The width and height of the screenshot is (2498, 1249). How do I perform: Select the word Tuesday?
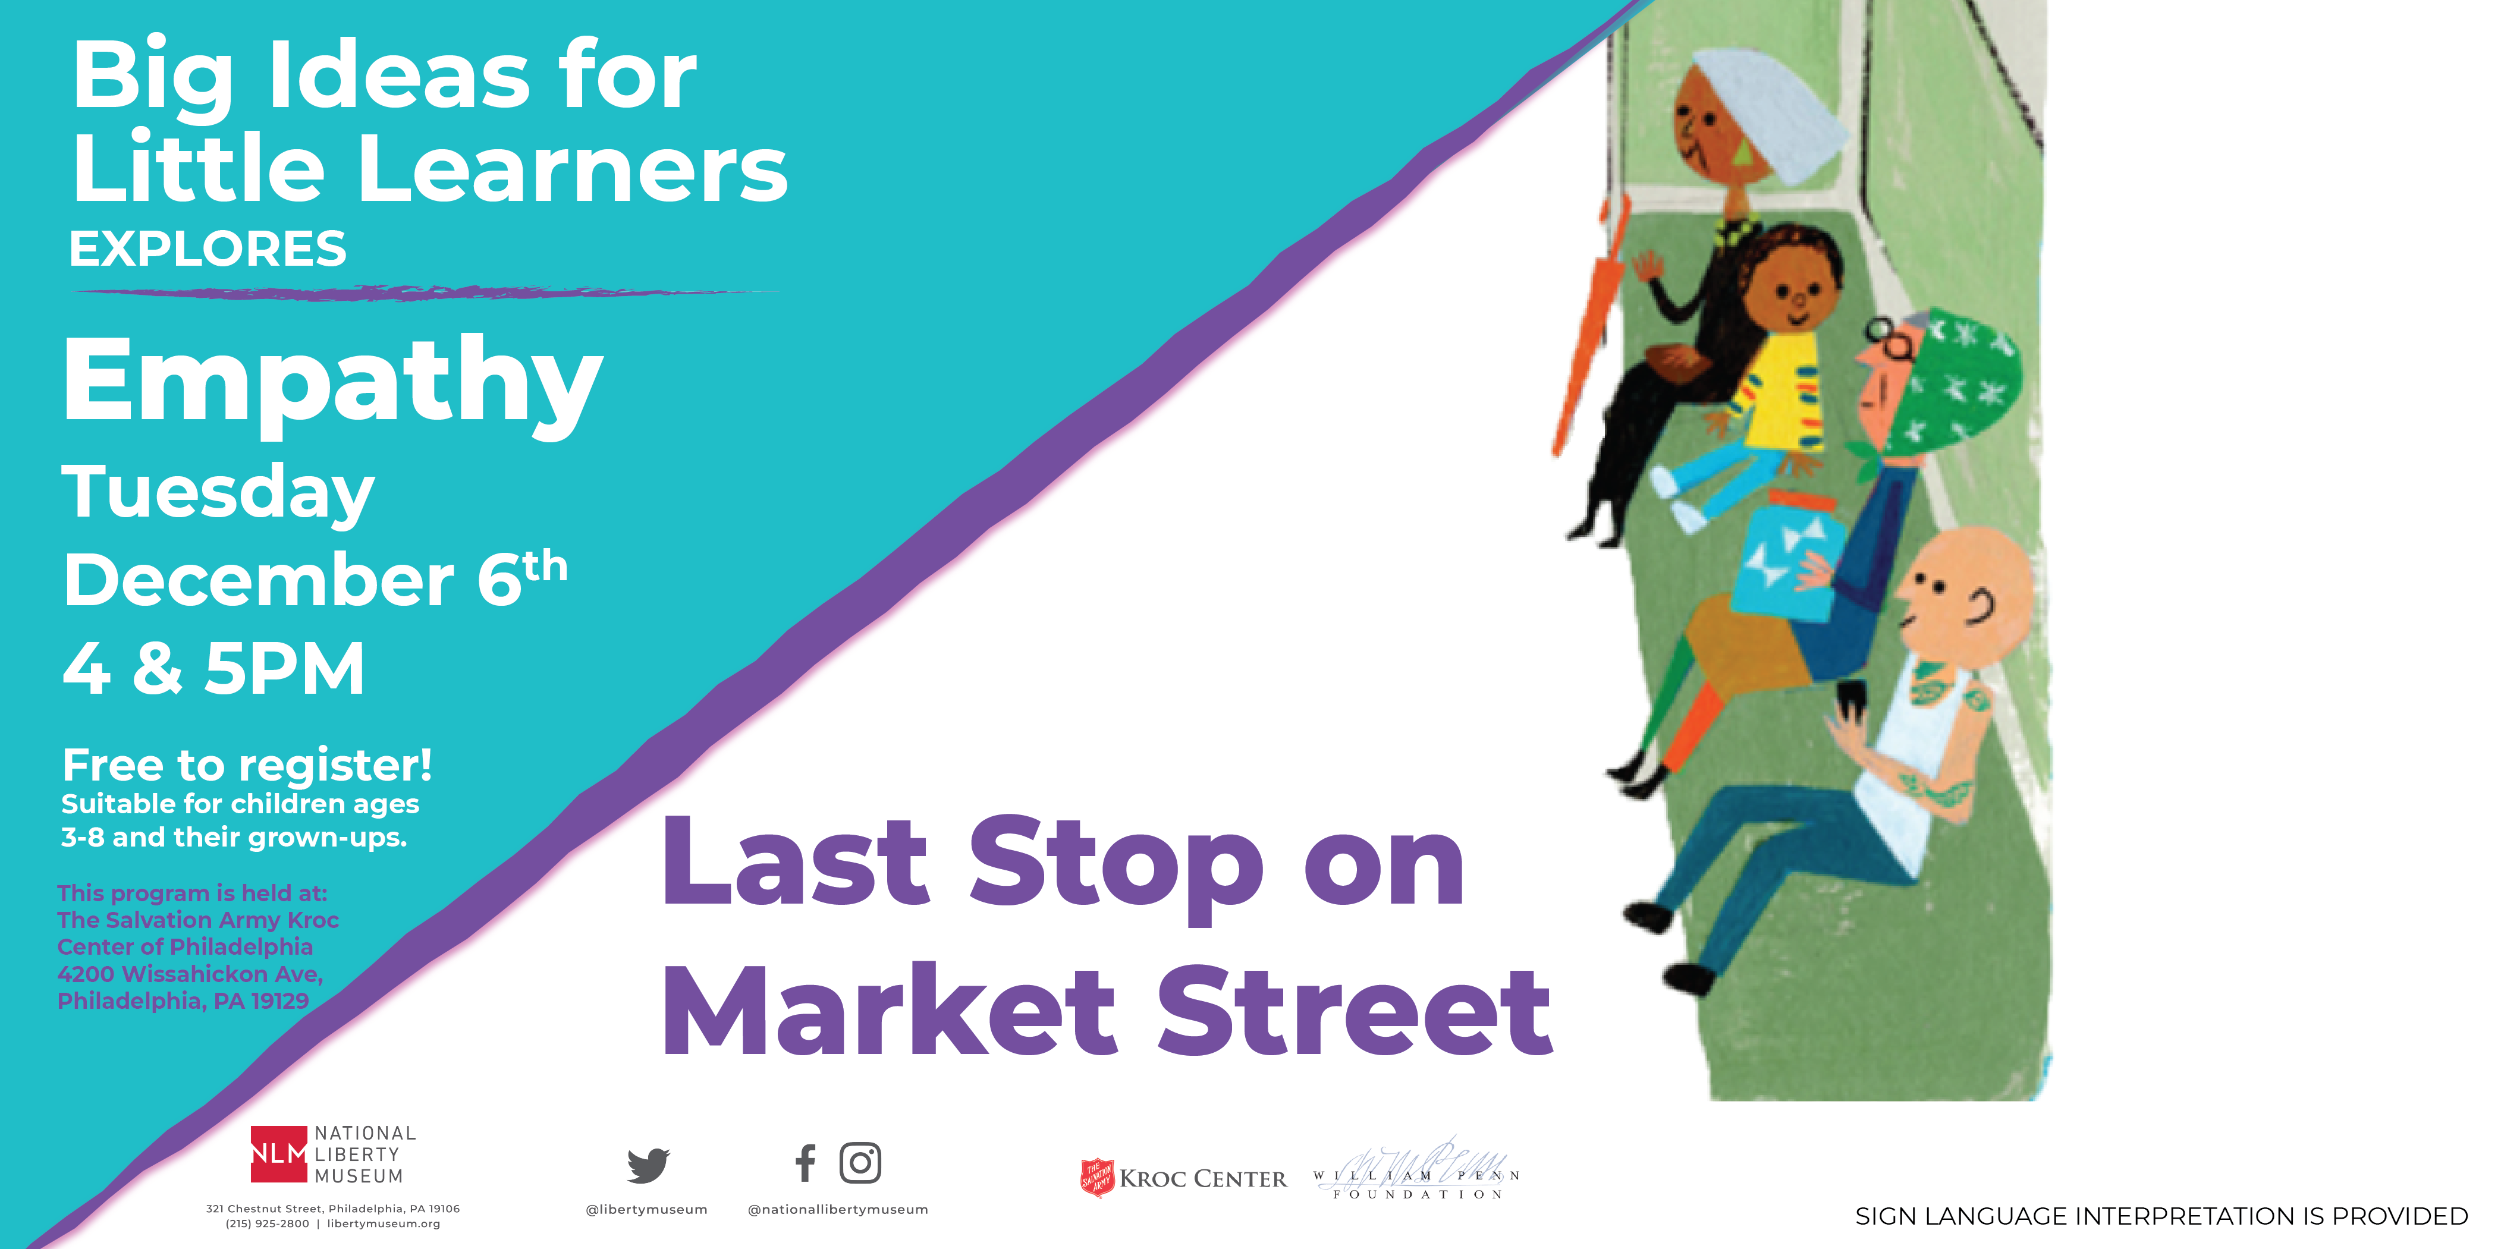tap(218, 493)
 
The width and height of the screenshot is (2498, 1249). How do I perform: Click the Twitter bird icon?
tap(648, 1165)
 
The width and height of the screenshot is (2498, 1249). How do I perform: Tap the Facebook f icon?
tap(805, 1163)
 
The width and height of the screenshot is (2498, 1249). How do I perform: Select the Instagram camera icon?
tap(860, 1163)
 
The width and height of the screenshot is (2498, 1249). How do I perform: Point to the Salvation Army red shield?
tap(1096, 1177)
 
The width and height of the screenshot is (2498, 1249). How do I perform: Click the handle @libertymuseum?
tap(647, 1209)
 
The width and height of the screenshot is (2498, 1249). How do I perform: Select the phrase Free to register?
tap(247, 765)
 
